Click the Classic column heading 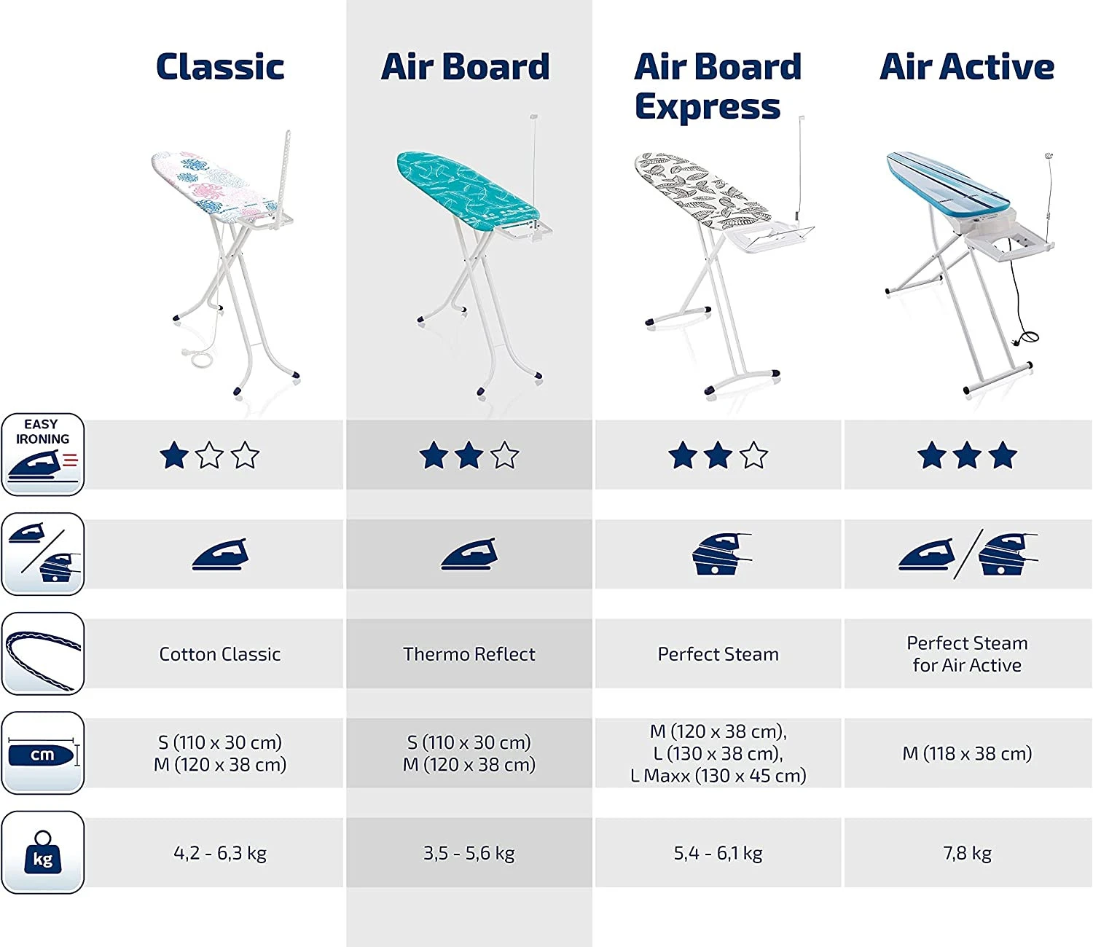[220, 66]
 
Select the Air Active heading [967, 66]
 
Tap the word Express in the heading [707, 107]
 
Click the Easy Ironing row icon [43, 455]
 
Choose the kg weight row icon [43, 852]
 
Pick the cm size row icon [43, 753]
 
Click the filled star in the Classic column [174, 455]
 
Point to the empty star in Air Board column [504, 455]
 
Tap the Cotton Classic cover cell [220, 654]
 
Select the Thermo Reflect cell [469, 654]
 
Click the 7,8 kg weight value [967, 853]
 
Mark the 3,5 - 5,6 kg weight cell [469, 853]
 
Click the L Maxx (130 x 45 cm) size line [718, 776]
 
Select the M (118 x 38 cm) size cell [967, 753]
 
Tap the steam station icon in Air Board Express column [721, 554]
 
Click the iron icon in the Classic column [220, 554]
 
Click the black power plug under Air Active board [1016, 342]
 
